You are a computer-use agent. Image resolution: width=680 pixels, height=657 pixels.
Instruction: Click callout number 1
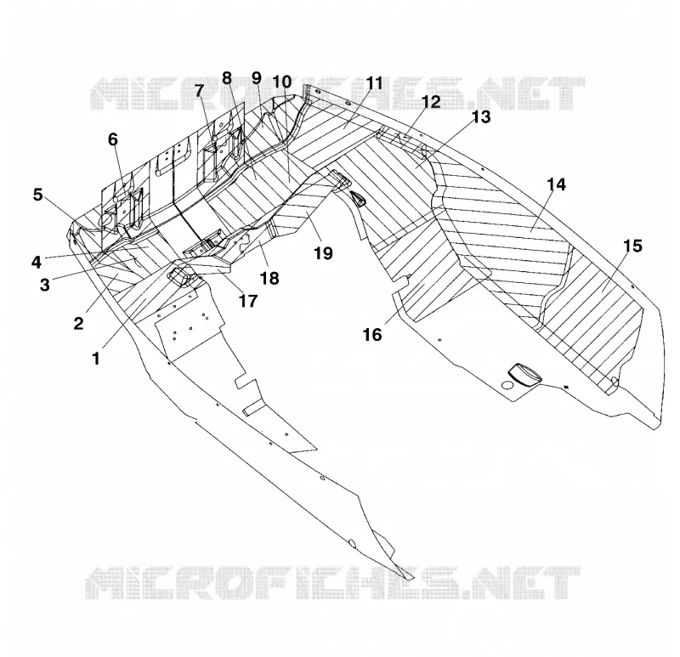click(x=96, y=359)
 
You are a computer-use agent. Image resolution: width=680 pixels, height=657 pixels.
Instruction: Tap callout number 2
click(x=78, y=324)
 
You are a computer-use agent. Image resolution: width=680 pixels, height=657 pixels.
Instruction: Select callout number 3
click(x=45, y=286)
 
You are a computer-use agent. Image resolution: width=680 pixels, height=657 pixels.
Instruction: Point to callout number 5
click(x=38, y=195)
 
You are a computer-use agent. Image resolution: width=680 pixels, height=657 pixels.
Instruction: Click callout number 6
click(x=113, y=139)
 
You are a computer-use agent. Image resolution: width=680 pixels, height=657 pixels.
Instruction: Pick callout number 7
click(x=199, y=91)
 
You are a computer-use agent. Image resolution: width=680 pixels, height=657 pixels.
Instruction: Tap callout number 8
click(x=227, y=78)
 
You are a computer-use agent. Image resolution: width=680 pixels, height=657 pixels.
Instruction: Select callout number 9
click(x=257, y=78)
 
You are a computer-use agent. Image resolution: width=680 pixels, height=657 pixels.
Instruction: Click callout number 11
click(x=374, y=82)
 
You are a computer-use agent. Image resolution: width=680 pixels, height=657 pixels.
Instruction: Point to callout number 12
click(x=431, y=102)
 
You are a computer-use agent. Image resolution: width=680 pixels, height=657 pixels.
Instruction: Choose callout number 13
click(x=481, y=117)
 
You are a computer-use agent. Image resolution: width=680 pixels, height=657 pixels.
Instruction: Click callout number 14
click(x=557, y=184)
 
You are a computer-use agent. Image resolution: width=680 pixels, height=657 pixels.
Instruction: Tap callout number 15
click(x=632, y=246)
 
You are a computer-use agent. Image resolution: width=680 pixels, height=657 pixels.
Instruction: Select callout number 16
click(x=372, y=335)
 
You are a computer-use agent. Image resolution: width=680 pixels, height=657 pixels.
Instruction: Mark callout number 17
click(x=248, y=301)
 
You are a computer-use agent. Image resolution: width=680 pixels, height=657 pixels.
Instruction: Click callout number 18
click(x=269, y=279)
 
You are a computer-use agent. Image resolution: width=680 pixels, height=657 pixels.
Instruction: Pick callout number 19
click(x=323, y=253)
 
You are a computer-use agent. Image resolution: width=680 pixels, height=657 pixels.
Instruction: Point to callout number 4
click(x=37, y=263)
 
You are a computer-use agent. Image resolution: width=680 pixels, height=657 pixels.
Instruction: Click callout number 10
click(x=282, y=82)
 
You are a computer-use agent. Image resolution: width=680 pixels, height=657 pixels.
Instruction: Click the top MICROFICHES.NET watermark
click(x=337, y=93)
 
